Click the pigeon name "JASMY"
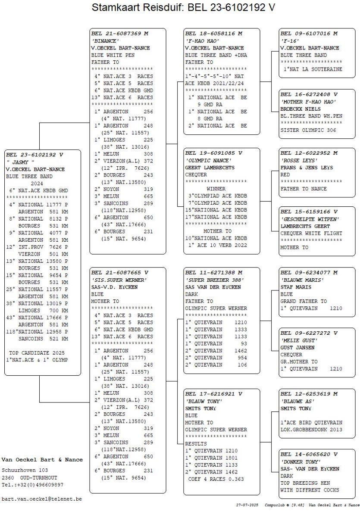click(20, 162)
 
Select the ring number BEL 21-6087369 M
click(120, 34)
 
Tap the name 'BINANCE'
click(105, 41)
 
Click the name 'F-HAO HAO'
click(202, 41)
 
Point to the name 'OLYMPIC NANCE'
click(208, 160)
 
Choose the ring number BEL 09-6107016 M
click(309, 34)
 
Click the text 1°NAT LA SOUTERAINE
click(313, 69)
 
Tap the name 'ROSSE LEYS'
click(299, 160)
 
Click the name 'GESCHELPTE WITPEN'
click(310, 219)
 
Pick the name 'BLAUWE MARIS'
click(302, 280)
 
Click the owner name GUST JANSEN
click(297, 348)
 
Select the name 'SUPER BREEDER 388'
click(214, 280)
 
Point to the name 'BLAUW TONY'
click(203, 402)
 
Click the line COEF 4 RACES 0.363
click(216, 479)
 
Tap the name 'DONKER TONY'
click(301, 462)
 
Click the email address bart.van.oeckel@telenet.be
click(41, 499)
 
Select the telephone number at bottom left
click(32, 485)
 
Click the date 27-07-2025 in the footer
click(247, 505)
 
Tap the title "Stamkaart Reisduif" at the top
click(138, 7)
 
